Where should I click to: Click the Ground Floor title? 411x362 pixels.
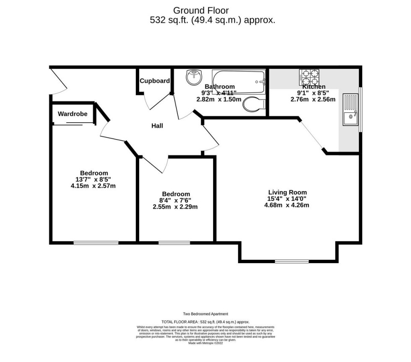(195, 10)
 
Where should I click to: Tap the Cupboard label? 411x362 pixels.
(155, 81)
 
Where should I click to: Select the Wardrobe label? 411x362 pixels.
(73, 114)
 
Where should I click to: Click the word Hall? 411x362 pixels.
(157, 126)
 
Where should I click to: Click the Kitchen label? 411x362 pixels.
(314, 87)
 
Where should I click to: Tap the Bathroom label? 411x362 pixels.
(219, 87)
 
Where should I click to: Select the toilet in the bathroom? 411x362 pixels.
(253, 104)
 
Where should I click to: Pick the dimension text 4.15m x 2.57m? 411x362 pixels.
(93, 186)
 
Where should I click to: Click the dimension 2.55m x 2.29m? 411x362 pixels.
(175, 207)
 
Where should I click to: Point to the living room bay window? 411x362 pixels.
(291, 262)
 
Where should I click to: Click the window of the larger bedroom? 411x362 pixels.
(96, 242)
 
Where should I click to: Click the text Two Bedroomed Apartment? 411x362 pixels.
(205, 314)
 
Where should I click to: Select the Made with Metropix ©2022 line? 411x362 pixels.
(205, 343)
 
